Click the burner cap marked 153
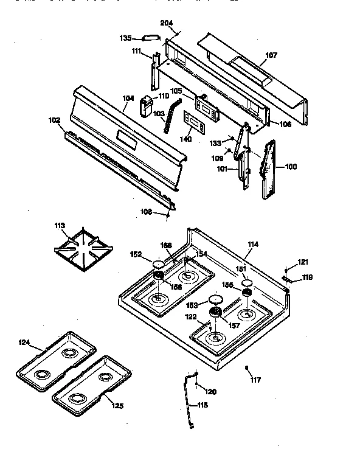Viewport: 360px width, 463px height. point(215,299)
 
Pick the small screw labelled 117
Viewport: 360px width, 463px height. point(246,369)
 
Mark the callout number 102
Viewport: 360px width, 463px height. point(55,120)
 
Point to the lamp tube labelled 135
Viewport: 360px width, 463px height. point(150,38)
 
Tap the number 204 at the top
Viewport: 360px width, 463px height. point(166,23)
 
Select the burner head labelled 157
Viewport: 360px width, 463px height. point(215,313)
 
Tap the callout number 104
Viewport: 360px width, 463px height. point(128,98)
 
